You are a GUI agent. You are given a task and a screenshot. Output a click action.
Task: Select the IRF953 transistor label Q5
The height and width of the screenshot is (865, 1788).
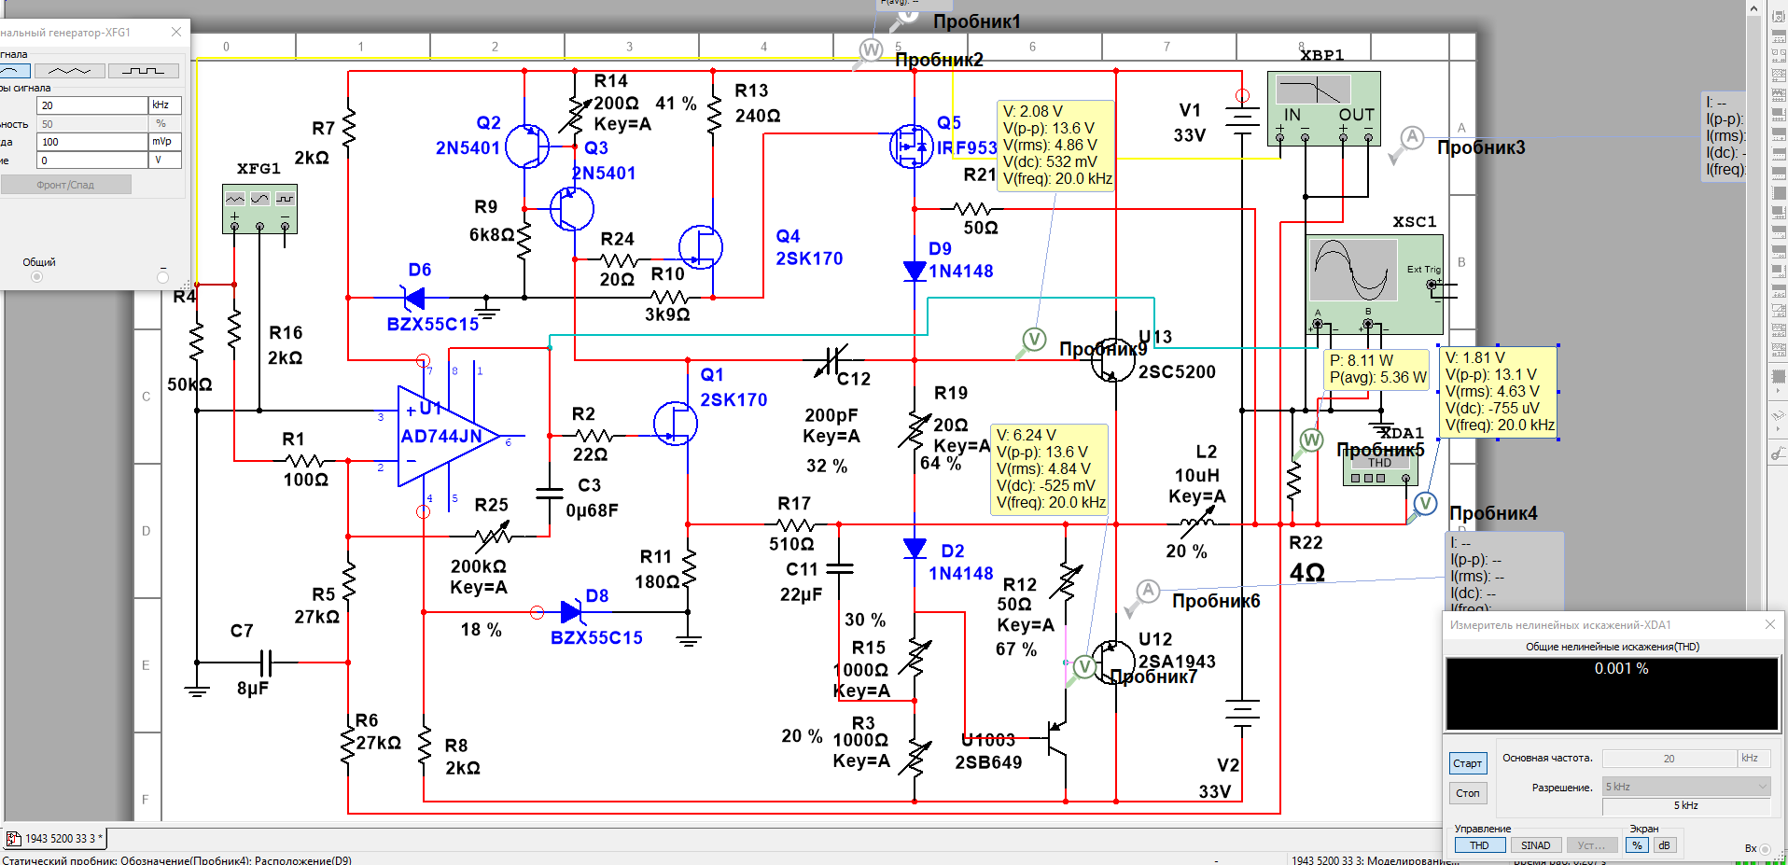pos(949,123)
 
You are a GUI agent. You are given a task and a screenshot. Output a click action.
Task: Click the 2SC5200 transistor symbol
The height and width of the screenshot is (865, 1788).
pos(1112,360)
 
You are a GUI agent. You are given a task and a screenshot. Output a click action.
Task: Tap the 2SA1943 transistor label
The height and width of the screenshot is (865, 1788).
pos(1177,662)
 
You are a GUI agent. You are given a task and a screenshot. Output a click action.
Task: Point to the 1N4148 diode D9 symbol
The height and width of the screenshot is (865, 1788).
pos(915,272)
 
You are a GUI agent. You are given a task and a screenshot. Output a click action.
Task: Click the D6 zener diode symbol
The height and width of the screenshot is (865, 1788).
pos(412,299)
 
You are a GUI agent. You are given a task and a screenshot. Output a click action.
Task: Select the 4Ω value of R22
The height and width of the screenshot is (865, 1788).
pos(1307,573)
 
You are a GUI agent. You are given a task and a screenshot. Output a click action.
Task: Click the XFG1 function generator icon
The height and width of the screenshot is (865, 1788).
pos(259,208)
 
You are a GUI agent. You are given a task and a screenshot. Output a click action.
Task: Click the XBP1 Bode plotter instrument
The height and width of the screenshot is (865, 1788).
pos(1323,108)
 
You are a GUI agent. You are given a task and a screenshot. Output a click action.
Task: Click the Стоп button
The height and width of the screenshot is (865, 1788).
pos(1468,793)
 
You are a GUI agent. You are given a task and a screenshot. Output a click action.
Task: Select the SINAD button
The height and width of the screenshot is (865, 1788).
pos(1535,845)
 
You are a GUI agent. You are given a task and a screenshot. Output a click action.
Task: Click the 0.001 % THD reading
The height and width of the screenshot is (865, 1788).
pos(1621,669)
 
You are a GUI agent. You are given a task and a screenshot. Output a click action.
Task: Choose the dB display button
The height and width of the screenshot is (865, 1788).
pos(1664,845)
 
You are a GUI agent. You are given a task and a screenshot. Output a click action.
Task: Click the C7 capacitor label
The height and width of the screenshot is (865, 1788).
pos(242,631)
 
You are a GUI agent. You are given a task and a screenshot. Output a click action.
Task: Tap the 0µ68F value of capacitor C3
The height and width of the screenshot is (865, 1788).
pos(592,510)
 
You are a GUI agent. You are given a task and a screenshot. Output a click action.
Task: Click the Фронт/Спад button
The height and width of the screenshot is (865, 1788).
pos(65,185)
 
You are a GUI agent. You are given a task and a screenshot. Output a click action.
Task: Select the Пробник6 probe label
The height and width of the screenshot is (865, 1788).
pos(1216,601)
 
